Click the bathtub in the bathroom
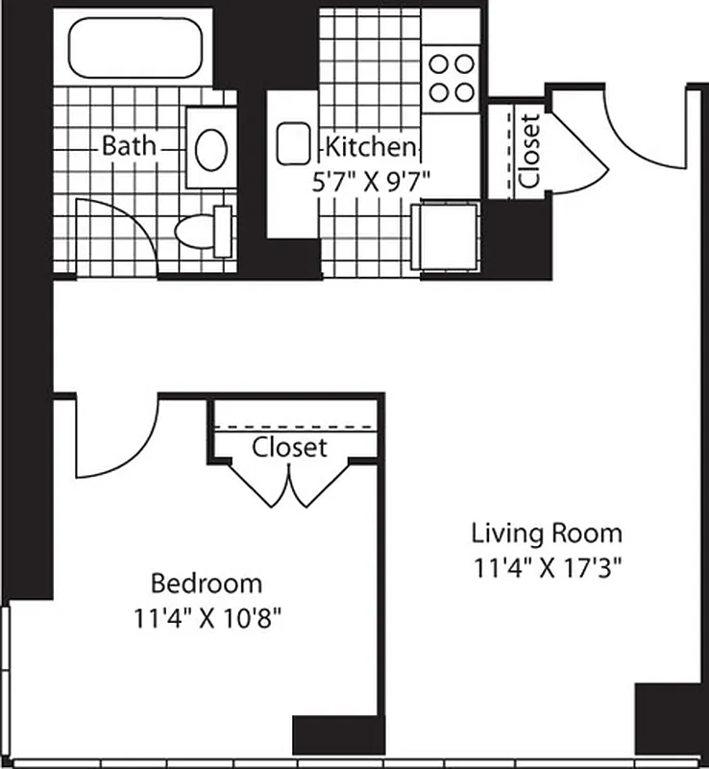click(134, 45)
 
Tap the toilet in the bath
click(204, 231)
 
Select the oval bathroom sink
click(210, 150)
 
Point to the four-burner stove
click(451, 78)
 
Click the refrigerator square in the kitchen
click(444, 236)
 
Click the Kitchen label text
click(371, 147)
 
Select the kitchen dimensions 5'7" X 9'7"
click(371, 180)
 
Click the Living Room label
click(546, 533)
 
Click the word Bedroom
click(207, 583)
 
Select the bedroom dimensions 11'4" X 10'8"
click(208, 616)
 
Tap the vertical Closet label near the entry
click(528, 151)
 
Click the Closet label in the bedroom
click(289, 447)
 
